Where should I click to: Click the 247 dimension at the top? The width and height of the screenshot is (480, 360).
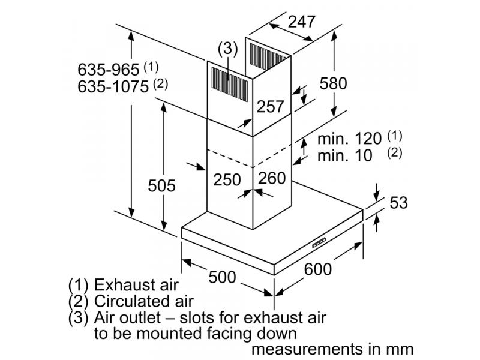click(302, 22)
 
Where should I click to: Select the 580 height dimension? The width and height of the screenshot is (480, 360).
click(333, 83)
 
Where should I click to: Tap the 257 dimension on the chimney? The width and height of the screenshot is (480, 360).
click(271, 106)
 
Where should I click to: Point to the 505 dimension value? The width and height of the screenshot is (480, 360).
click(161, 185)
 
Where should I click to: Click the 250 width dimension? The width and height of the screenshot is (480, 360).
click(227, 179)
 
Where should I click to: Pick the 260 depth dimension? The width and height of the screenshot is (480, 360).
click(272, 178)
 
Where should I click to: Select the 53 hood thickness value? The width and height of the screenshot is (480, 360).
click(398, 202)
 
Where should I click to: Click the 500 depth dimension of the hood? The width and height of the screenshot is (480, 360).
click(222, 277)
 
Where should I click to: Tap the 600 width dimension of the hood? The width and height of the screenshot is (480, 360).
click(318, 269)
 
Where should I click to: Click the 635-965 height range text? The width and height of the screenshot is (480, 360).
click(109, 70)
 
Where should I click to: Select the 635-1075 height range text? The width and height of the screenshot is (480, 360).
click(113, 86)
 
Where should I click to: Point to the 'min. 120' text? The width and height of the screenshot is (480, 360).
click(349, 139)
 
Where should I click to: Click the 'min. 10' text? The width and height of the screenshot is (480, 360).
click(344, 155)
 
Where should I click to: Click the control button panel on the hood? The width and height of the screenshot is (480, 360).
click(319, 242)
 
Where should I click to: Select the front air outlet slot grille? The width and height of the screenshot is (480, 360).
click(230, 84)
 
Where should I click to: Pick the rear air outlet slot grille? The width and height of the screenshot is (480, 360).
click(268, 56)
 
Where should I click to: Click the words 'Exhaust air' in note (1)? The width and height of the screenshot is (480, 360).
click(136, 284)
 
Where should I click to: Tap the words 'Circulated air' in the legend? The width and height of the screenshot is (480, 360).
click(143, 301)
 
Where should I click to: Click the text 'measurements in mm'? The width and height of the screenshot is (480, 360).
click(332, 349)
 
